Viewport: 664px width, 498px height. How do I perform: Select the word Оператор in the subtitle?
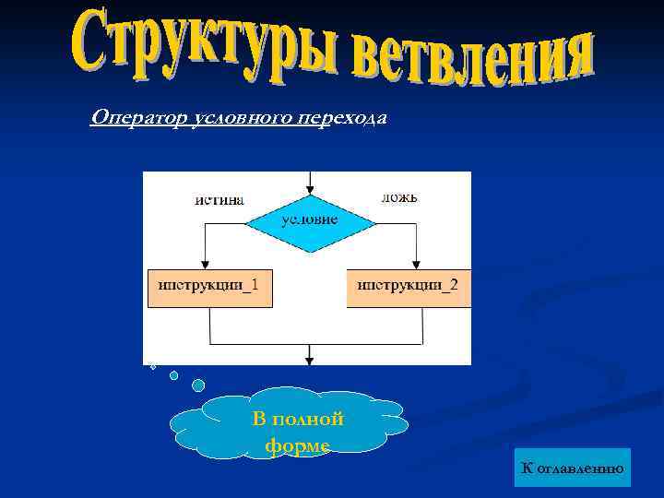pos(128,119)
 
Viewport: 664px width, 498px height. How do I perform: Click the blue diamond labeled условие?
pos(309,221)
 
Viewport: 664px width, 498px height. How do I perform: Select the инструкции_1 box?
pos(209,287)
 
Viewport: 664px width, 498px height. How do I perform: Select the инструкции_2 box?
pos(408,287)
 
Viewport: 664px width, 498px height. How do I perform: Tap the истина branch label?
pos(219,199)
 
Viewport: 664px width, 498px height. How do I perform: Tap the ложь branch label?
pos(399,197)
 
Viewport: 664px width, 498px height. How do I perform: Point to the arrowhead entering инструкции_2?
pos(417,263)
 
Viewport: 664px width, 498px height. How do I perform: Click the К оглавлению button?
pos(573,468)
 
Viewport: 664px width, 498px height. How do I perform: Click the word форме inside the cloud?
pos(297,445)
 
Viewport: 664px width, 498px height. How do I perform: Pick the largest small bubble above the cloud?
pos(198,385)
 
